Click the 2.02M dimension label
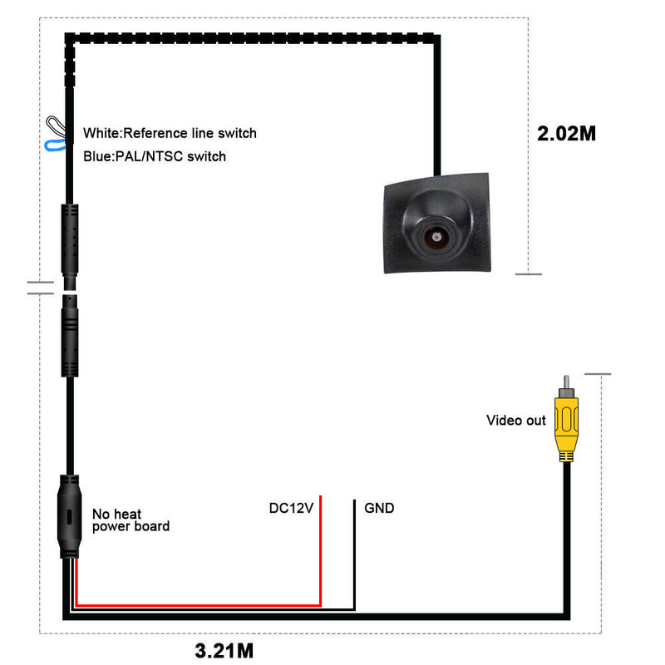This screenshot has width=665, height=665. click(x=567, y=133)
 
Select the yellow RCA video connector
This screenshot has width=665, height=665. click(x=566, y=424)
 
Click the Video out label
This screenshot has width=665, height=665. click(x=515, y=421)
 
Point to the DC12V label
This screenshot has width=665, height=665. click(x=291, y=508)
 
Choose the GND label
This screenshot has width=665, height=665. click(x=379, y=508)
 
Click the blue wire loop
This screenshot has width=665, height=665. click(x=56, y=146)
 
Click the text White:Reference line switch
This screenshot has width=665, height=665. click(x=170, y=133)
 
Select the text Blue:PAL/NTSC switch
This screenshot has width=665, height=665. click(x=155, y=156)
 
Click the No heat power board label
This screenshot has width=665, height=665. click(x=131, y=520)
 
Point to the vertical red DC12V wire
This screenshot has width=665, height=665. click(x=320, y=549)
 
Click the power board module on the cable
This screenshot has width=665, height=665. click(x=69, y=515)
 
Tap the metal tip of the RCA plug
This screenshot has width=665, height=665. click(x=566, y=384)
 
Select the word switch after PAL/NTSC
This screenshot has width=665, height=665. click(x=207, y=156)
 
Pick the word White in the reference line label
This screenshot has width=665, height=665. click(x=101, y=133)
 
